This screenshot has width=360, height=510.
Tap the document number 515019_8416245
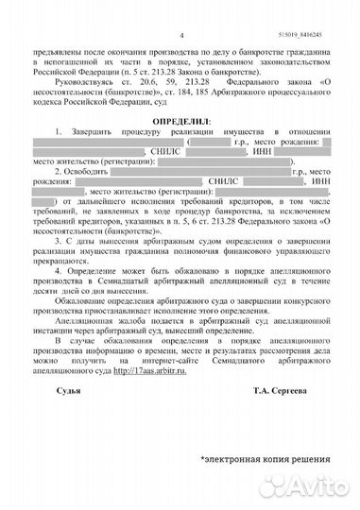317,8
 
